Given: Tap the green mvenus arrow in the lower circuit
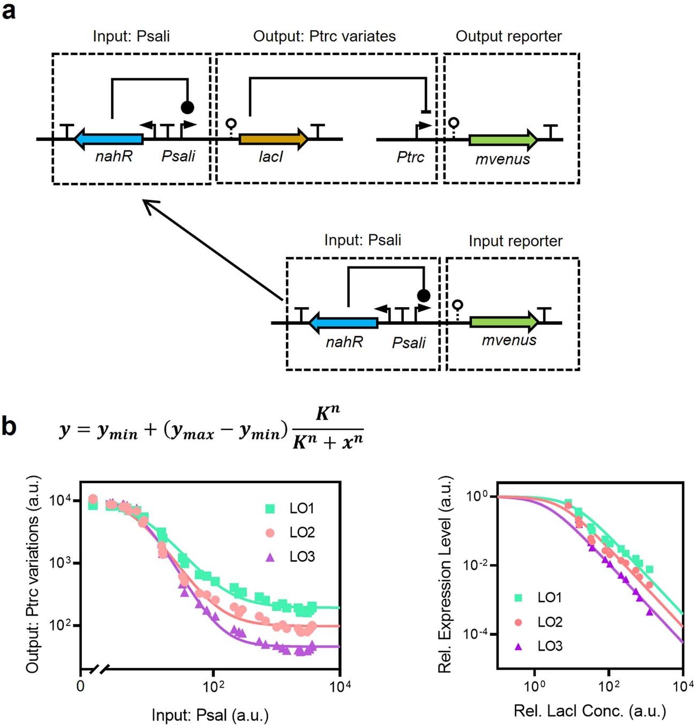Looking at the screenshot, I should (504, 322).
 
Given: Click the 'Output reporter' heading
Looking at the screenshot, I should (508, 36).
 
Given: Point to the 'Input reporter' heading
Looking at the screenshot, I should (515, 241).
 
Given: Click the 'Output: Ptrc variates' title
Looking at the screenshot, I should (324, 36).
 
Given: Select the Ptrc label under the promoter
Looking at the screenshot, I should (410, 157).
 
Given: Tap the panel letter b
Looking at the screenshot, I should (9, 427).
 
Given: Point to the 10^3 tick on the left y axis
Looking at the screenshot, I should (61, 563).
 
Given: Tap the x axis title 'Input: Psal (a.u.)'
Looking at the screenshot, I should (210, 715).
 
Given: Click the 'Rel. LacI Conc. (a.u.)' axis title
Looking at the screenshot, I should (590, 711).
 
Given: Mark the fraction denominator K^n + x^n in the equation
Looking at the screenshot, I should (328, 441).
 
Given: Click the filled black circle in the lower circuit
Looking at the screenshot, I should (423, 295).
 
